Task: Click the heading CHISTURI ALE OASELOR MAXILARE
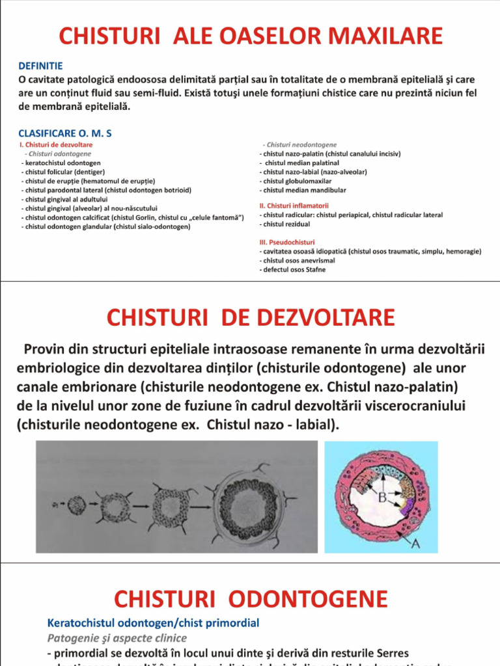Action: pos(251,36)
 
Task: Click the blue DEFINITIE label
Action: pos(40,66)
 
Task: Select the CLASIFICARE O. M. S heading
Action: pos(65,133)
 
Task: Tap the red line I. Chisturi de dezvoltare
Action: pos(57,144)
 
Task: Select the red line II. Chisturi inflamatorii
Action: pos(294,205)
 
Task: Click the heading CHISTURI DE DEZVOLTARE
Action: pos(251,317)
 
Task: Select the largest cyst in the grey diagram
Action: pos(247,503)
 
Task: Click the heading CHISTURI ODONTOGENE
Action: pos(251,599)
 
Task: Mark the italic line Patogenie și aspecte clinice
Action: pos(117,638)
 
